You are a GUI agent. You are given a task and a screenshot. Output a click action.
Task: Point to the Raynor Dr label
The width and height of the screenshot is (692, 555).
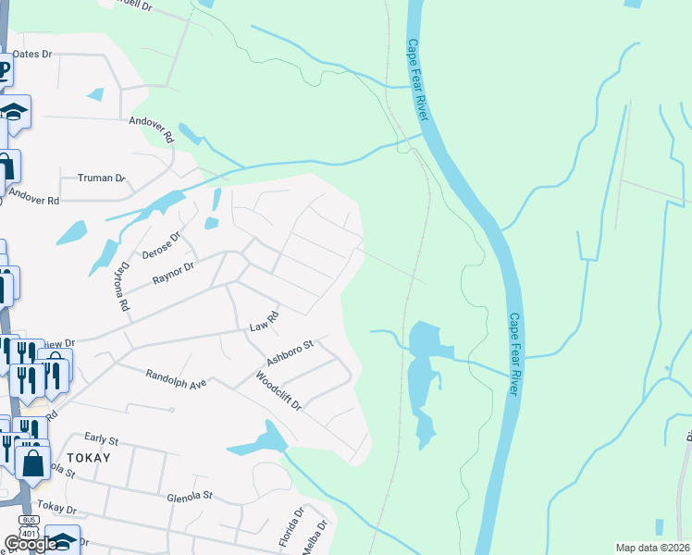pyautogui.click(x=173, y=269)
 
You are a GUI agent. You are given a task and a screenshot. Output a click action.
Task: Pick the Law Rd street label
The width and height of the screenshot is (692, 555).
pyautogui.click(x=265, y=323)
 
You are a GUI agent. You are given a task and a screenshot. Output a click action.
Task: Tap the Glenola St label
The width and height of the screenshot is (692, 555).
pyautogui.click(x=190, y=495)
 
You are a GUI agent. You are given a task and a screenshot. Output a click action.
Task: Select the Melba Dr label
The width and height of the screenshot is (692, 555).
pyautogui.click(x=321, y=536)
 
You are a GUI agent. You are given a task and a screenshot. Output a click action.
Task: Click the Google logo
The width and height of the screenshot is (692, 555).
pyautogui.click(x=30, y=544)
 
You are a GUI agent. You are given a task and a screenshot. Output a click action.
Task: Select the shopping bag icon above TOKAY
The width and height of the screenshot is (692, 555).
pyautogui.click(x=33, y=462)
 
